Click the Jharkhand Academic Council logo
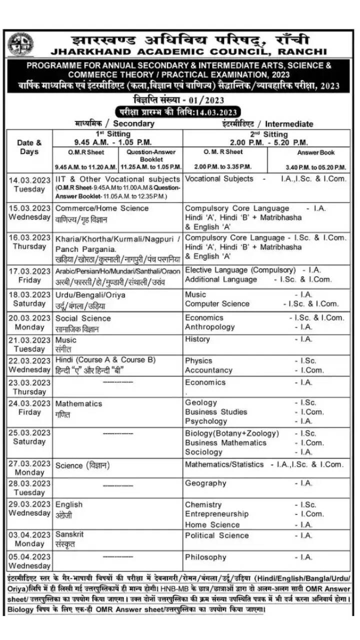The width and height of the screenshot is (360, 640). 20,44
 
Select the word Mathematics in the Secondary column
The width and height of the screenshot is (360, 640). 78,403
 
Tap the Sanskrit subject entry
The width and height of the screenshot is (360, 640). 69,534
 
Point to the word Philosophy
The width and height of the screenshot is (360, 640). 205,557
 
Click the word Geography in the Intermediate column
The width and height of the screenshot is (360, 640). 205,483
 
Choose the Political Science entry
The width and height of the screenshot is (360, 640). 216,535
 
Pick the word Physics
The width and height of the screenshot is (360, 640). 198,360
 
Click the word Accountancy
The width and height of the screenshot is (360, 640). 208,370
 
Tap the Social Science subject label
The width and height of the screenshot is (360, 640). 83,318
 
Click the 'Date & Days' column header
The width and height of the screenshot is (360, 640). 29,147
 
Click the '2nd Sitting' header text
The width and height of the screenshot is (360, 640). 268,134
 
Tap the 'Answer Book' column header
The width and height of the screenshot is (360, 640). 316,152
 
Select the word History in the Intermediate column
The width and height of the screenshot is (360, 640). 197,339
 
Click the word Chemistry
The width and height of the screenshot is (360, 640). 203,505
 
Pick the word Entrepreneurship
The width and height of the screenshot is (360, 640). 216,514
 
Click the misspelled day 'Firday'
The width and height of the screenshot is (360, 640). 29,412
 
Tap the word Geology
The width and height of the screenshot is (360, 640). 201,402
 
